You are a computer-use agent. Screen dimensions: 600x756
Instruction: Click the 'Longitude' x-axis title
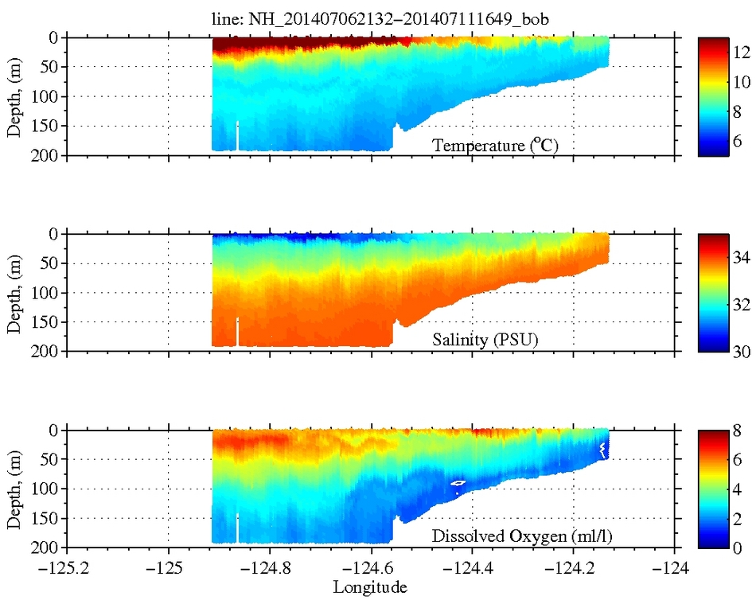point(371,587)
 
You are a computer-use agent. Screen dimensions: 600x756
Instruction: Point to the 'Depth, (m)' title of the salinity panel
point(14,292)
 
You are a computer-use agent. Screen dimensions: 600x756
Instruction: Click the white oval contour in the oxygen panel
point(458,482)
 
